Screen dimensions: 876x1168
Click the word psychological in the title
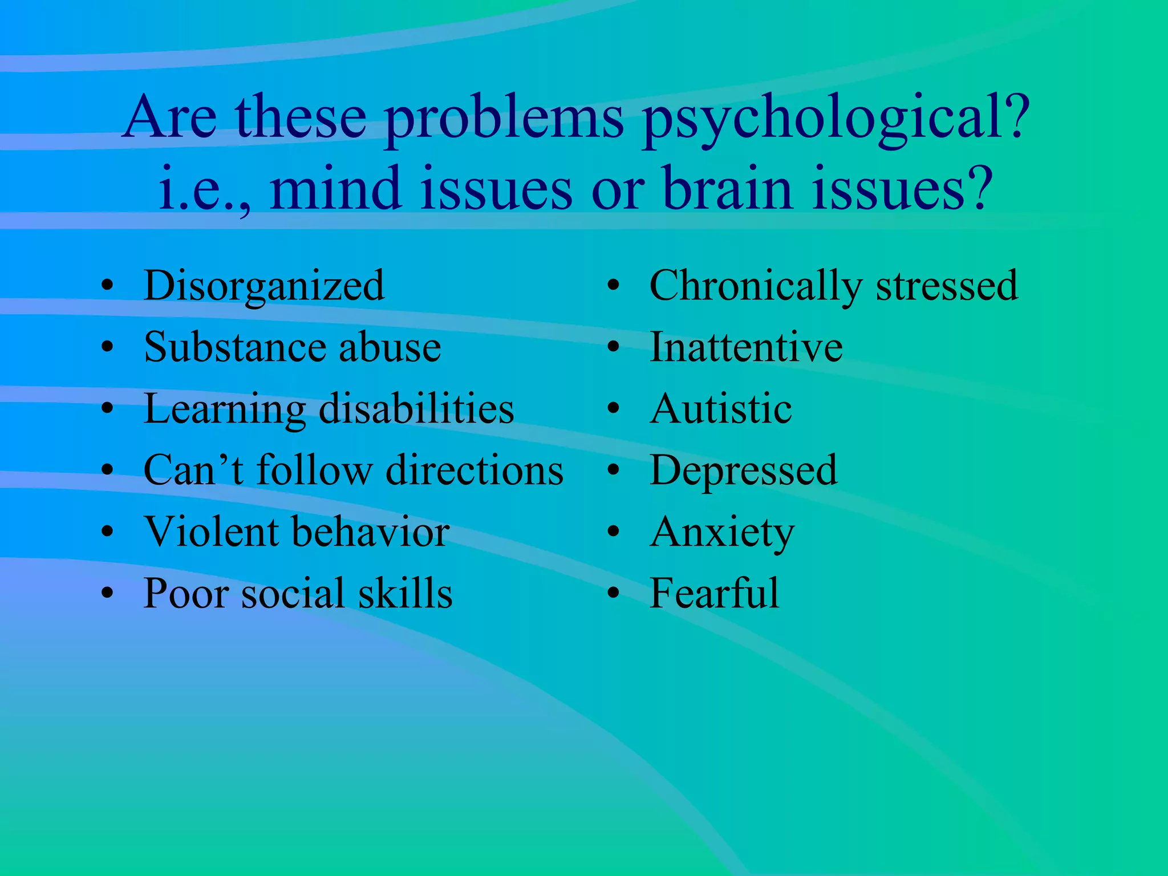[836, 119]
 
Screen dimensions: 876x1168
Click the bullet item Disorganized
[264, 286]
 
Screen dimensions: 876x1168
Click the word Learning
[225, 409]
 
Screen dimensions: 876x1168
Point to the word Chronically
[756, 286]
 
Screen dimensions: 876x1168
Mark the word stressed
[947, 286]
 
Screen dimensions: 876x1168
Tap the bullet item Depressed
[744, 471]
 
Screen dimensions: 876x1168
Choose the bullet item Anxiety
[722, 533]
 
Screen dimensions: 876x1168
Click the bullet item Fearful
[714, 593]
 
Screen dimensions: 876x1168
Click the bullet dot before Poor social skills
[107, 593]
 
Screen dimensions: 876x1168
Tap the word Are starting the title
[169, 119]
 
